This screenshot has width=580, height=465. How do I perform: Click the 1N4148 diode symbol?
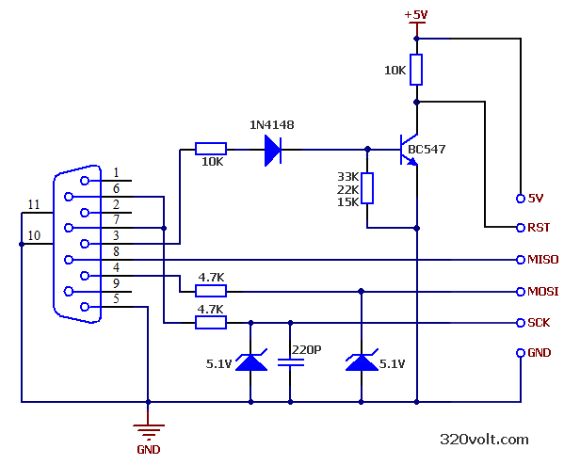(273, 149)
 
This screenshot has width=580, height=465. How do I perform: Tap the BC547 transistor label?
(427, 149)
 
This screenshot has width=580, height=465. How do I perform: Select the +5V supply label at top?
(416, 14)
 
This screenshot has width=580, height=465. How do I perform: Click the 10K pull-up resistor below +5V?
(416, 70)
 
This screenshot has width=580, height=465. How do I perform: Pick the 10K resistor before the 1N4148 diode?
(210, 149)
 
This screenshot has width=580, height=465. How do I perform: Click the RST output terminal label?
(539, 228)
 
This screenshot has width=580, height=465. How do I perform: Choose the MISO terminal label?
(543, 260)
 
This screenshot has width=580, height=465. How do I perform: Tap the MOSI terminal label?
(543, 292)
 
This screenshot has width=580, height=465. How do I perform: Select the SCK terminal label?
(540, 323)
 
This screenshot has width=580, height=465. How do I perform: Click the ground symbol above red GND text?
(148, 431)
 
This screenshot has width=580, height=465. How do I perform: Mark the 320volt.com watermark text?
(484, 439)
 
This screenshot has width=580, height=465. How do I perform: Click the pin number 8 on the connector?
(116, 251)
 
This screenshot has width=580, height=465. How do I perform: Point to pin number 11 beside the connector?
(33, 204)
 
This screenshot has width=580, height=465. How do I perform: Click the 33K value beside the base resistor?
(346, 176)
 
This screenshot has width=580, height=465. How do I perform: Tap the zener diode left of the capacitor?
(250, 361)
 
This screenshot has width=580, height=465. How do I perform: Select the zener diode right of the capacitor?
(362, 361)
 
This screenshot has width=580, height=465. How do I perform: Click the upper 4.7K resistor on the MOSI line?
(210, 291)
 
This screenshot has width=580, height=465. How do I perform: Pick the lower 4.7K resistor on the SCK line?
(210, 323)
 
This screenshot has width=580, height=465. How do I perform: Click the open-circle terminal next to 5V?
(520, 198)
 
